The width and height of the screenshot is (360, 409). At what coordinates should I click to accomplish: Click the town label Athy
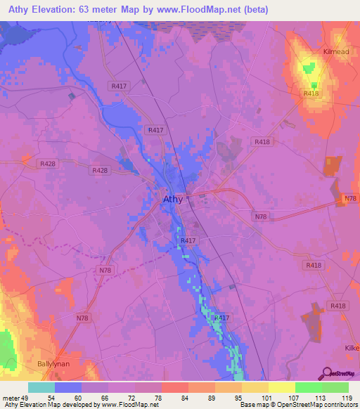click(173, 199)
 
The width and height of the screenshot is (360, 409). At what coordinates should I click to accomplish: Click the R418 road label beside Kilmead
click(311, 93)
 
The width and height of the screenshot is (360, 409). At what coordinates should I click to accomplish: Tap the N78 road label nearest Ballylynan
click(83, 318)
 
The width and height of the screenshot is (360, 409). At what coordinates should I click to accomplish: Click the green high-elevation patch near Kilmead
click(307, 69)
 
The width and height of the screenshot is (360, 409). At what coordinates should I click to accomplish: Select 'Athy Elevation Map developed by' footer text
click(42, 405)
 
